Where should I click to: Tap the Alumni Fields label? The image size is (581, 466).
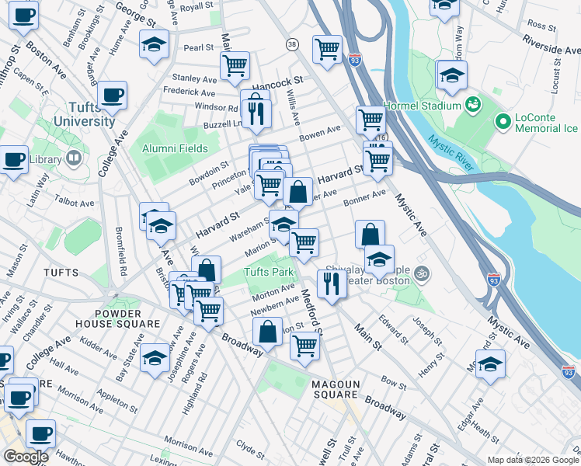click(x=175, y=148)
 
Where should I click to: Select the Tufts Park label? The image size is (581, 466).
click(x=269, y=273)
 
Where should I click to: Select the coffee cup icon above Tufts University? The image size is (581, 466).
click(x=113, y=96)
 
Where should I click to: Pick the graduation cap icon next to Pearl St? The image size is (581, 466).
click(x=155, y=45)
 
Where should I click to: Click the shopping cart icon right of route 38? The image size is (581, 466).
click(x=327, y=49)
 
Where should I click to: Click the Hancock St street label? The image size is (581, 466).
click(x=280, y=81)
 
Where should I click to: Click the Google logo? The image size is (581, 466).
click(x=25, y=457)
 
